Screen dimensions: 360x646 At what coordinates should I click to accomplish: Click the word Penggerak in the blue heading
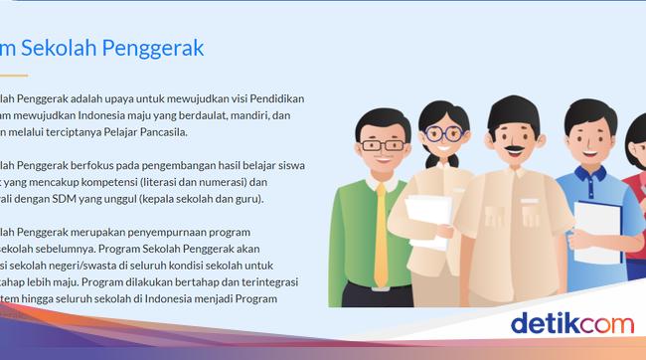pos(152,47)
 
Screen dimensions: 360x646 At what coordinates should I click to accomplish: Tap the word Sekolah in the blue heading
pos(56,47)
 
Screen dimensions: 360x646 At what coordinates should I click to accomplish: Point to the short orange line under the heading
pos(13,75)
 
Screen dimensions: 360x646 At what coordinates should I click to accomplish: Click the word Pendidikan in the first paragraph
pos(268,98)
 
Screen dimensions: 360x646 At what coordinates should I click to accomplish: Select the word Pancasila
pos(157,131)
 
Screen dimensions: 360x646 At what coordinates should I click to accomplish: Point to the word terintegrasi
pos(269,281)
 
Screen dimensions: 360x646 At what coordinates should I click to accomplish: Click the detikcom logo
pos(570,324)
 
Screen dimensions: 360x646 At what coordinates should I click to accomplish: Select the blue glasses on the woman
pos(443,132)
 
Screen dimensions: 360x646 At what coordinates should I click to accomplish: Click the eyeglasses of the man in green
pos(381,144)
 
